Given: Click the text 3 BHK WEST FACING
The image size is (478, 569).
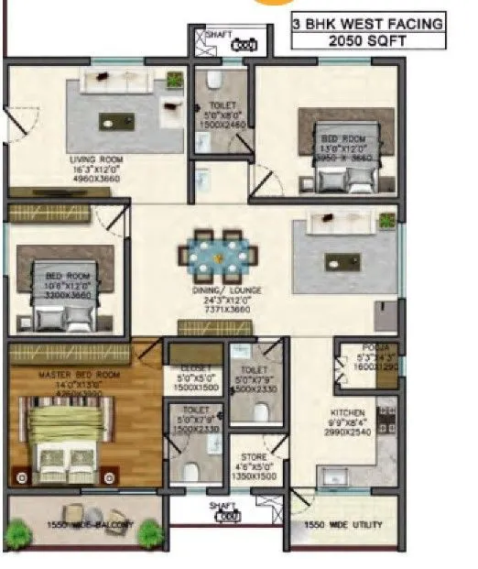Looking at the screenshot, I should (367, 24).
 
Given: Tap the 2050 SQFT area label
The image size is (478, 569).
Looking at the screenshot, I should (368, 40).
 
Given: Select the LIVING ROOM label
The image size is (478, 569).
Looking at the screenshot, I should (96, 159).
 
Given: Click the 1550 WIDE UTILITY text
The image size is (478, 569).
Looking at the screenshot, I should (342, 525).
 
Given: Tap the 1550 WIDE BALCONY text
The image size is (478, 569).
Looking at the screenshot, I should (85, 525).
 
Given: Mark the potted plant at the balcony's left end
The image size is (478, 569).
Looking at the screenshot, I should (16, 532).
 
